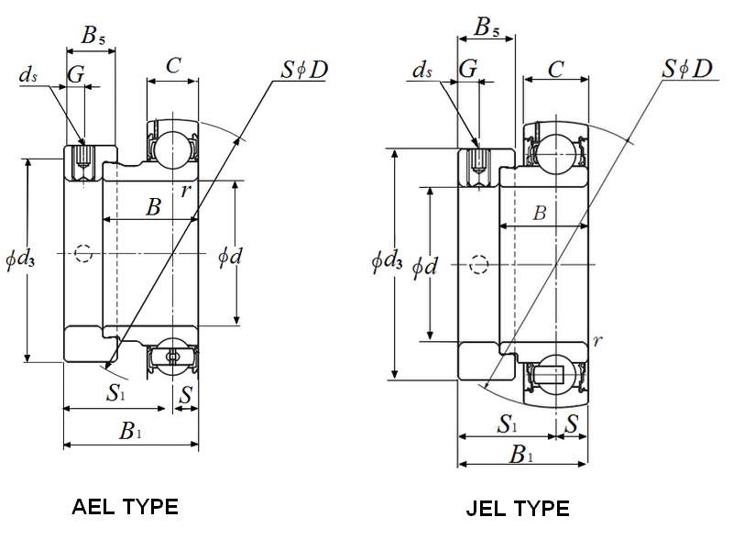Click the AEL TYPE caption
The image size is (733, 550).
pos(125,506)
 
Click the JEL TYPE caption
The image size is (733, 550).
pos(519,508)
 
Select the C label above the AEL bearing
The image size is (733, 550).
pos(173,64)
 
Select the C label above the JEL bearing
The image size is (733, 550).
pos(555,70)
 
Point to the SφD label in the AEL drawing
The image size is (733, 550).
pos(305,69)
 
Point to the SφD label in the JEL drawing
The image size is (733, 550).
pos(688,69)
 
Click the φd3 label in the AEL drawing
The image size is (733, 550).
pos(20,260)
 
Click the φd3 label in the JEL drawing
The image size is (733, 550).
pos(387,263)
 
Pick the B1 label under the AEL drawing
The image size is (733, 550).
pos(130,432)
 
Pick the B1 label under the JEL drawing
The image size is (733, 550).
pos(520,453)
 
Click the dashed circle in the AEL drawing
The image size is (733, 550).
pos(83,252)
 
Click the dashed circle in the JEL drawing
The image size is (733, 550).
pos(478,265)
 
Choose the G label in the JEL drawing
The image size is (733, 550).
pos(468,70)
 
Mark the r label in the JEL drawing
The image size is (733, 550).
pos(597,342)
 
